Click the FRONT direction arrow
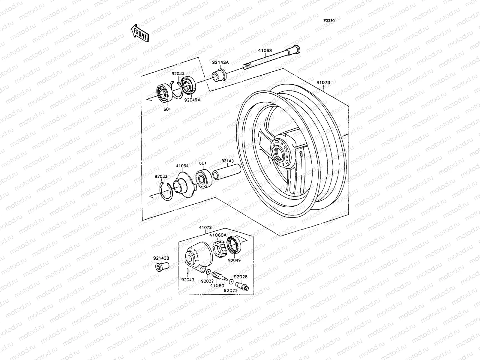click(x=139, y=33)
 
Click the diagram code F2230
click(x=329, y=21)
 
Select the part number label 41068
click(x=265, y=51)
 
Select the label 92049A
click(x=192, y=100)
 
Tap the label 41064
click(x=182, y=166)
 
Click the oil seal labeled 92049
click(x=233, y=246)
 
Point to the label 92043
click(x=188, y=280)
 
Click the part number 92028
click(x=241, y=277)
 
